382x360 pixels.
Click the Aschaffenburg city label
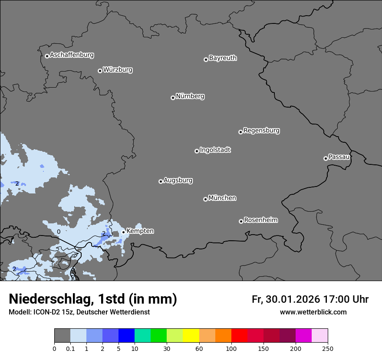pyautogui.click(x=72, y=55)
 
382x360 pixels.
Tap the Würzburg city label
pyautogui.click(x=118, y=70)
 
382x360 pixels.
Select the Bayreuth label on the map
pyautogui.click(x=223, y=58)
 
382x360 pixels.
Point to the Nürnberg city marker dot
pyautogui.click(x=173, y=98)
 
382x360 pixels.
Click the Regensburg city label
pyautogui.click(x=261, y=131)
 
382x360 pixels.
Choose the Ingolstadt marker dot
pyautogui.click(x=197, y=151)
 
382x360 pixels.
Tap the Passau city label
pyautogui.click(x=339, y=157)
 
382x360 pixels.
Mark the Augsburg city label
pyautogui.click(x=178, y=180)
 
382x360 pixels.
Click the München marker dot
pyautogui.click(x=205, y=199)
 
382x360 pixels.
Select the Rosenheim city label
pyautogui.click(x=260, y=220)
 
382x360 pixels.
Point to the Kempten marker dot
pyautogui.click(x=123, y=232)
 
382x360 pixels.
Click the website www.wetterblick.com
pyautogui.click(x=313, y=312)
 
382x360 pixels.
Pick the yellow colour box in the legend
pyautogui.click(x=191, y=336)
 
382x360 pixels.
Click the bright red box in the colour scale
pyautogui.click(x=239, y=336)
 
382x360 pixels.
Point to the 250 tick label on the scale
pyautogui.click(x=328, y=349)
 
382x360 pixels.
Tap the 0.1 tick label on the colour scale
pyautogui.click(x=70, y=349)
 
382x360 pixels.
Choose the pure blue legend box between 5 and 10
pyautogui.click(x=126, y=336)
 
